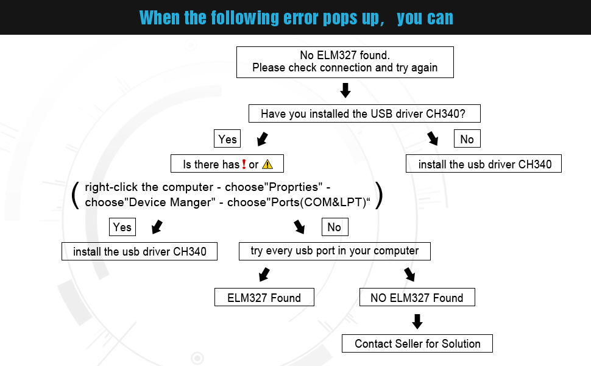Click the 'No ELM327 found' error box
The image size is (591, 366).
click(345, 62)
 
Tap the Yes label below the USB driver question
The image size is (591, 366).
click(227, 139)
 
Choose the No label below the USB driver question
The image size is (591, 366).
click(467, 139)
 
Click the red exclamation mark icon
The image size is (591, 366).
click(244, 164)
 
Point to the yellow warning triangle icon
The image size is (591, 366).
click(267, 164)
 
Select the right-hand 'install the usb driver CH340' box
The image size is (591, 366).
click(484, 164)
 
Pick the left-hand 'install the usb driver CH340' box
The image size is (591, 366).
click(140, 251)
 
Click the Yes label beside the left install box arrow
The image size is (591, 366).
click(122, 227)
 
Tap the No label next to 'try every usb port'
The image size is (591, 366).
click(334, 227)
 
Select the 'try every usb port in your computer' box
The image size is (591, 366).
click(334, 251)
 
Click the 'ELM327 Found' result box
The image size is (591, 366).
click(264, 298)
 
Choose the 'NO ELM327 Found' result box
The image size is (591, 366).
click(417, 298)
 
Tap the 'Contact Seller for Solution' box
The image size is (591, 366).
click(417, 343)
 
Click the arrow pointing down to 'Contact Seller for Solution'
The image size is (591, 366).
click(417, 321)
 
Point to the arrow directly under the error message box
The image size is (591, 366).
click(345, 91)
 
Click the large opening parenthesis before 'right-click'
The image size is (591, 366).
click(76, 195)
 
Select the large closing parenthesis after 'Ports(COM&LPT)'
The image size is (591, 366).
click(379, 195)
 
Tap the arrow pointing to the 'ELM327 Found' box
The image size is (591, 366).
click(264, 275)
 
